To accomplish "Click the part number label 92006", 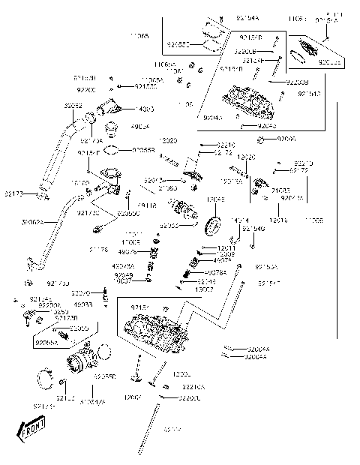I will coord(287,139).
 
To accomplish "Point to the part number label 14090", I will coord(146,109).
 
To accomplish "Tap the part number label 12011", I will coord(226,247).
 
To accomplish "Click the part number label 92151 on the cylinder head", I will coord(139,307).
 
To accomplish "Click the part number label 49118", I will coord(147,204).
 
